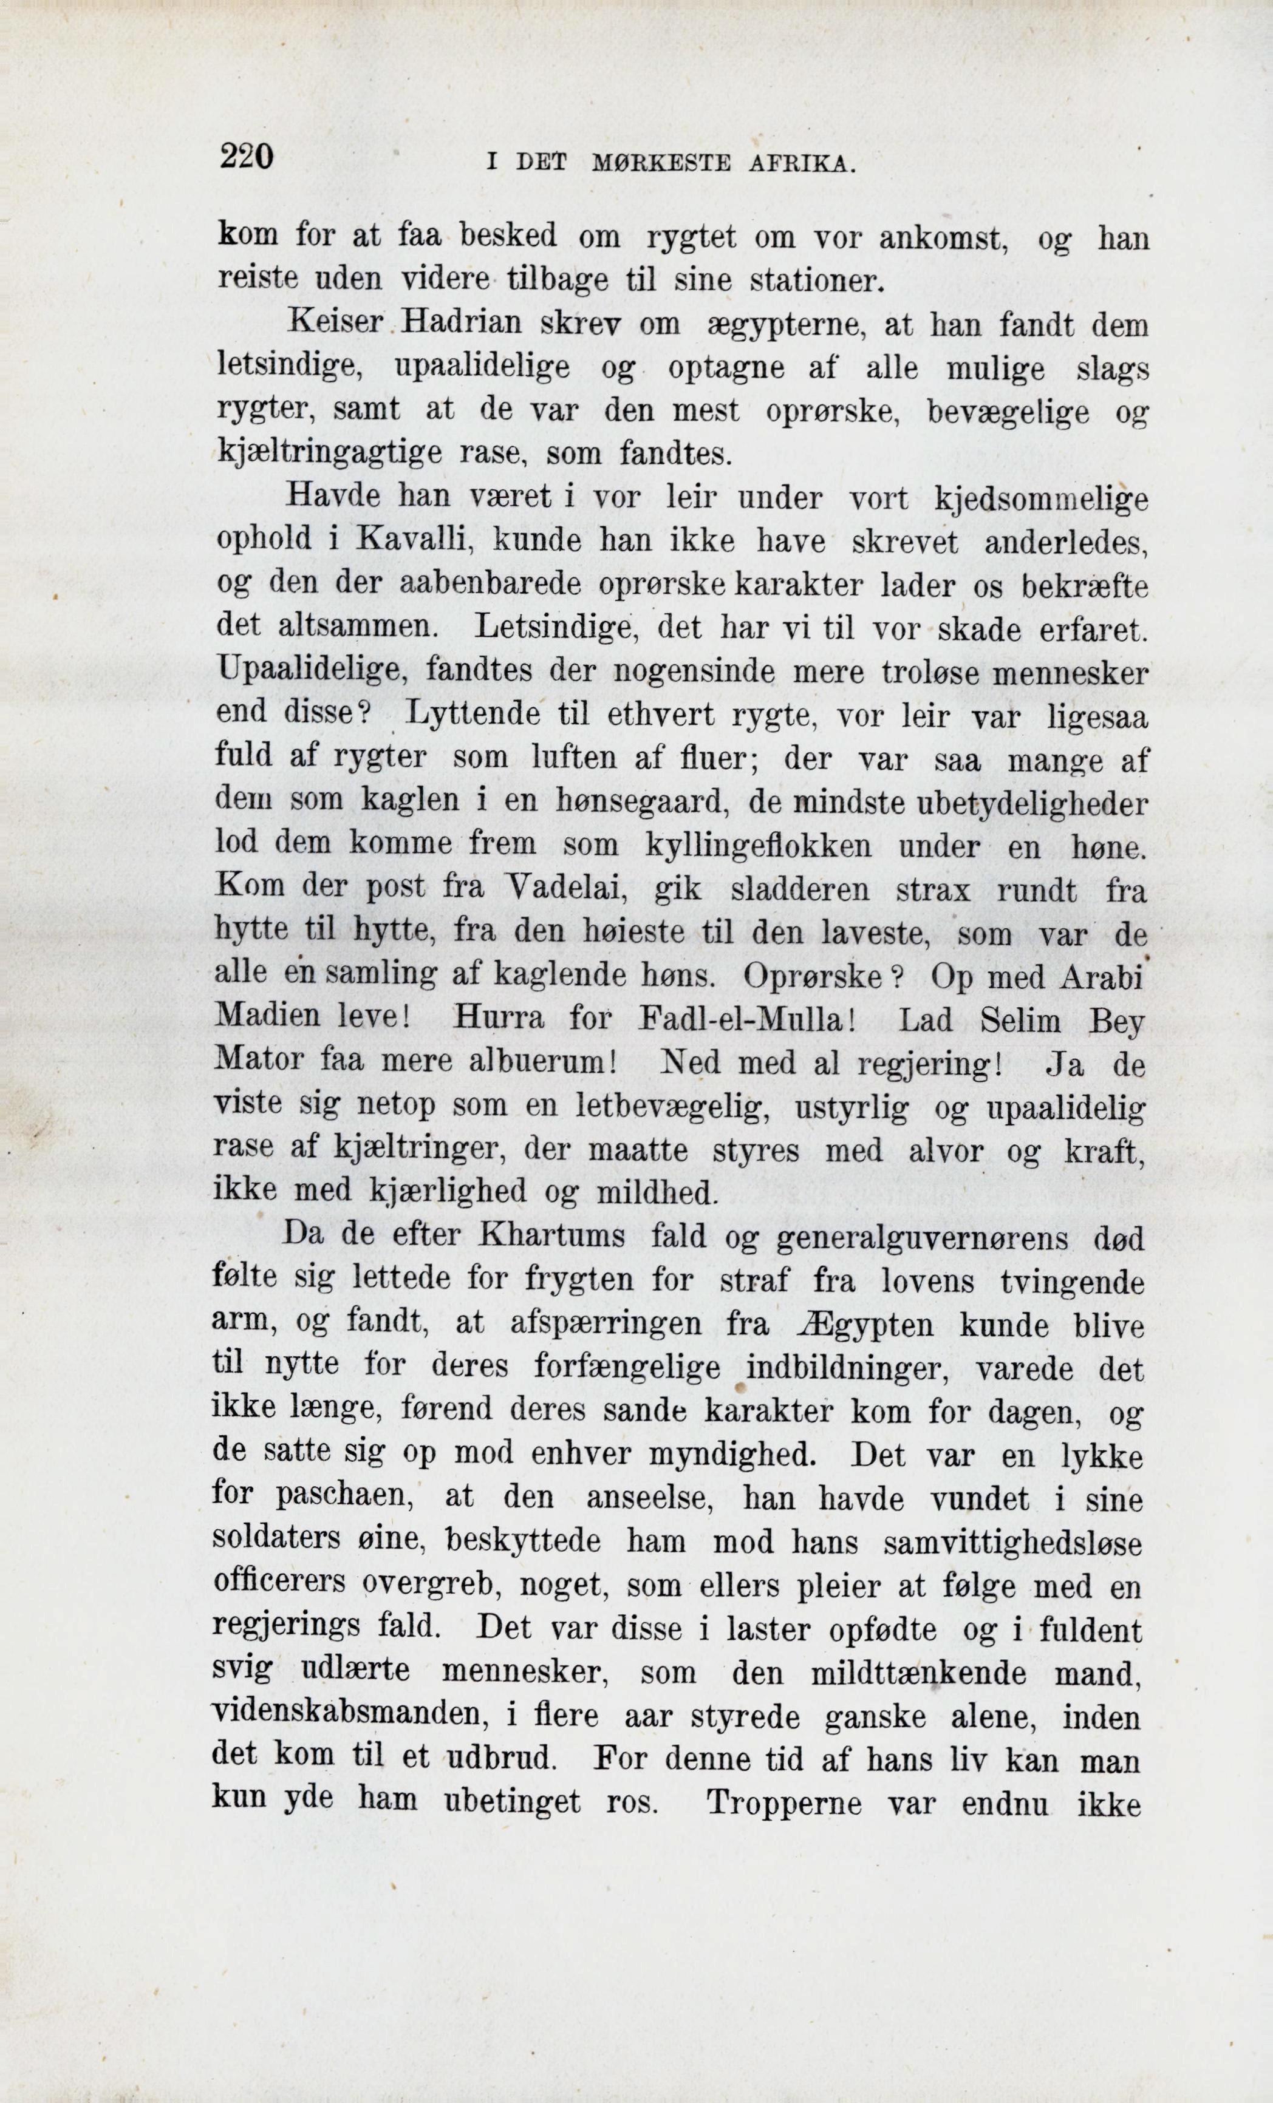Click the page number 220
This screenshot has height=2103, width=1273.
246,157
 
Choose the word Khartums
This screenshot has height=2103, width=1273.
553,1236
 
